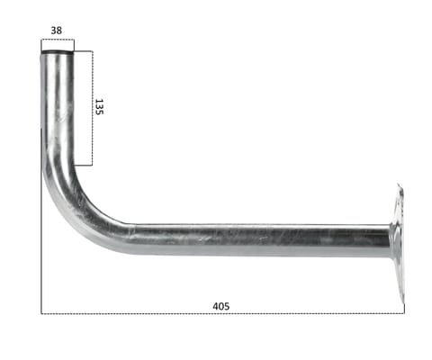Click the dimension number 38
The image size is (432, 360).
57,30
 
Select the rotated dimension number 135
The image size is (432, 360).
101,107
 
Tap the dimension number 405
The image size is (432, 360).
220,306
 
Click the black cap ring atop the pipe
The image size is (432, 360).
57,54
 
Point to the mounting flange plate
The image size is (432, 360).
397,240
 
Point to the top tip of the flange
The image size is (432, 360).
400,186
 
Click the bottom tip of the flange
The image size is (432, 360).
400,298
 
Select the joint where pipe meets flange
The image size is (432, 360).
390,240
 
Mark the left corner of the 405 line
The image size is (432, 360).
41,313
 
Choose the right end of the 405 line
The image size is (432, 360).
404,313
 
